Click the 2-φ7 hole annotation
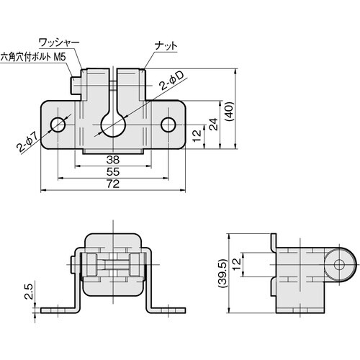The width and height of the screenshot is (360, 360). click(x=25, y=145)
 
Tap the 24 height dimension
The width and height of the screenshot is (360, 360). click(x=214, y=124)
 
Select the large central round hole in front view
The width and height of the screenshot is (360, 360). click(x=113, y=125)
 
